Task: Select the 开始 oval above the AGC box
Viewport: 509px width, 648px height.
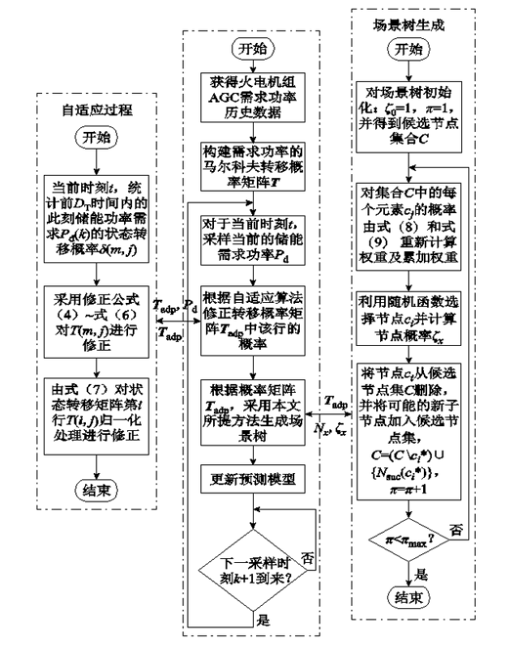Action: coord(251,47)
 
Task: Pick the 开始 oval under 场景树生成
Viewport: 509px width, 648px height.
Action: coord(413,49)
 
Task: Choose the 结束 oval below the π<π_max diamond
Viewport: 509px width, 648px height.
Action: coord(413,601)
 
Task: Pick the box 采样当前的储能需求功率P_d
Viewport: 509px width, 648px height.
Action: coord(251,234)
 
